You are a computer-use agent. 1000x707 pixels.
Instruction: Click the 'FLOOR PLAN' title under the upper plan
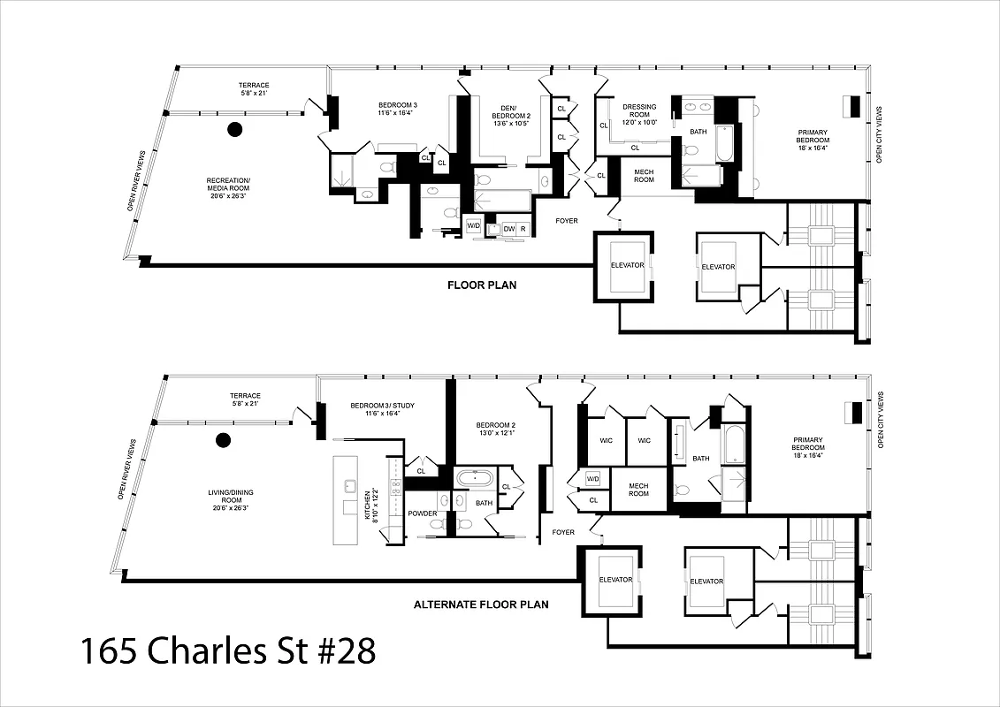coord(481,285)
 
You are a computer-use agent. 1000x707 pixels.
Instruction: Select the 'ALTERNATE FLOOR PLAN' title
coord(481,605)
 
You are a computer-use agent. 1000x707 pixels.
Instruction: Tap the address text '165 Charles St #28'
coord(228,651)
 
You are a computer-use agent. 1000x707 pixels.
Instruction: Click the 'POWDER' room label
coord(423,513)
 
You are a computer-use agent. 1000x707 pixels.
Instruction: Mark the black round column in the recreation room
coord(235,130)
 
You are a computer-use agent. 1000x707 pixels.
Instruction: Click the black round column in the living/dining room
coord(223,439)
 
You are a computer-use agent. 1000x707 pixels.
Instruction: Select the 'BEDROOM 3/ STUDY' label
coord(382,409)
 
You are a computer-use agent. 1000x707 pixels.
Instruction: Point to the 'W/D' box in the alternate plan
coord(592,478)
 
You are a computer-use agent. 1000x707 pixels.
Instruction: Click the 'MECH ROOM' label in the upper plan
coord(644,175)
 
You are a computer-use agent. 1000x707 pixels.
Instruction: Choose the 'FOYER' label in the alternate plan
coord(563,532)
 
